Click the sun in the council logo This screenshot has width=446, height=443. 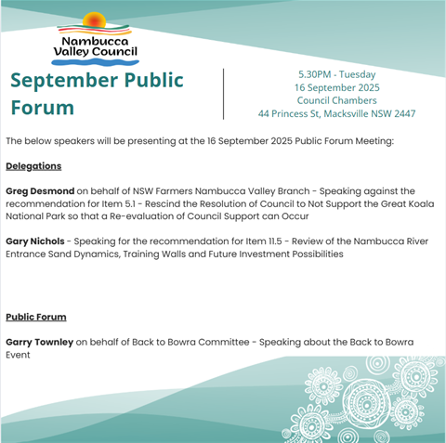coord(95,21)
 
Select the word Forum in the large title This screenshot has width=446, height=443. coord(42,108)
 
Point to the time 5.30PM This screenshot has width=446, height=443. coord(319,73)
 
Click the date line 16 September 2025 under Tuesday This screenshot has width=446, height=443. coord(337,87)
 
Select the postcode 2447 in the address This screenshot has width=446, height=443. coord(401,114)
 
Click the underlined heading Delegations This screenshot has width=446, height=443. coord(33,166)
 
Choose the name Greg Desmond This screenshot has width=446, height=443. coord(40,190)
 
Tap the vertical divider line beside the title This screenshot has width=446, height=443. coord(223,93)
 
